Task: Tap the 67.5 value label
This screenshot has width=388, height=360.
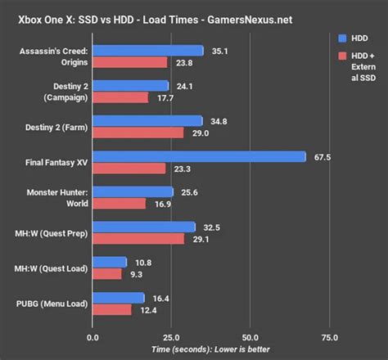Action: click(323, 156)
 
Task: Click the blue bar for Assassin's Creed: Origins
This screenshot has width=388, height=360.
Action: click(148, 50)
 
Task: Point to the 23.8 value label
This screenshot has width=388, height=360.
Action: click(183, 62)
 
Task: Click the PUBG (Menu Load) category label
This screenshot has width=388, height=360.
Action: click(53, 304)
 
